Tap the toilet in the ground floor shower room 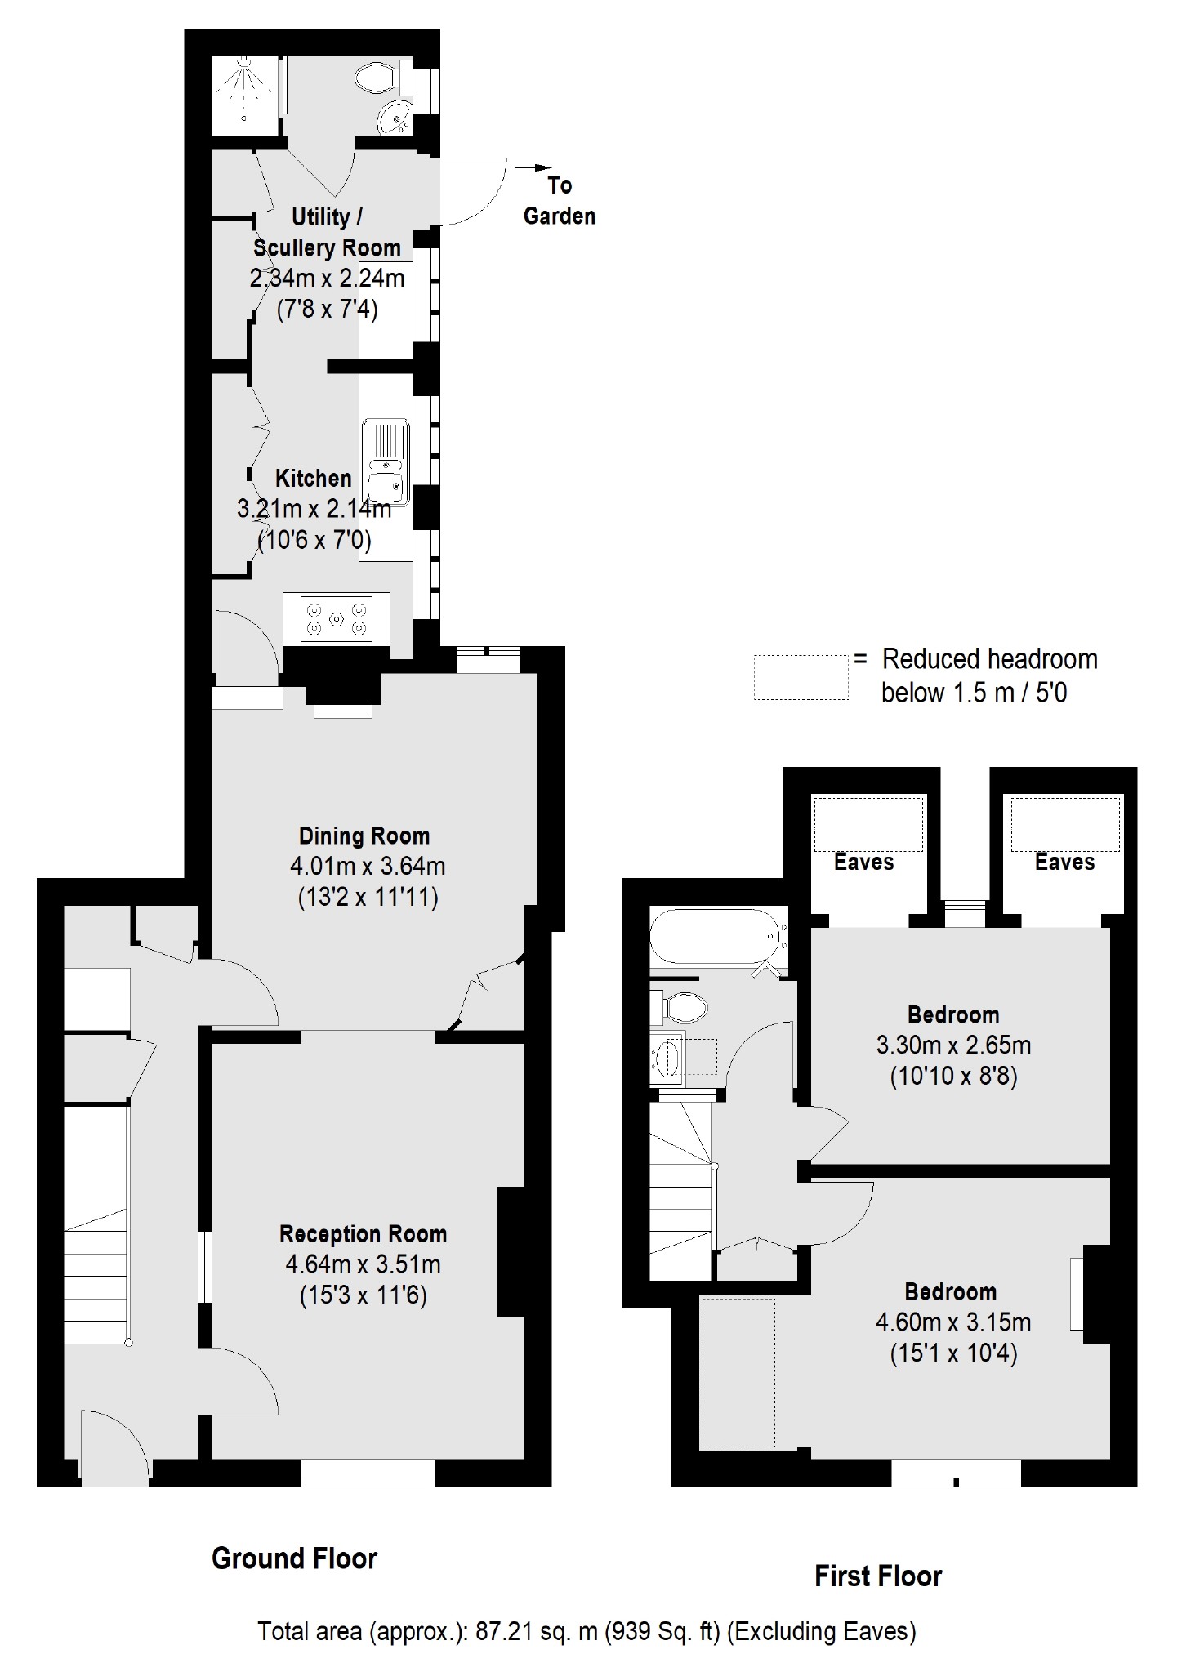377,78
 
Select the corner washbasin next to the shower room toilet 396,119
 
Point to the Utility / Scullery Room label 327,232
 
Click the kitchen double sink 386,461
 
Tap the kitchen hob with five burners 337,618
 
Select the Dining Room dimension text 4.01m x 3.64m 368,866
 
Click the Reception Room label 363,1233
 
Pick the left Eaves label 863,862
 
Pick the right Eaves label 1064,862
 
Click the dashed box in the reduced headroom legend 800,677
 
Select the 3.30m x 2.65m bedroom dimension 953,1045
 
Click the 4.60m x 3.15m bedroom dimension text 952,1322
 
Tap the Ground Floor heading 294,1558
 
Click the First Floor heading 878,1576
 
